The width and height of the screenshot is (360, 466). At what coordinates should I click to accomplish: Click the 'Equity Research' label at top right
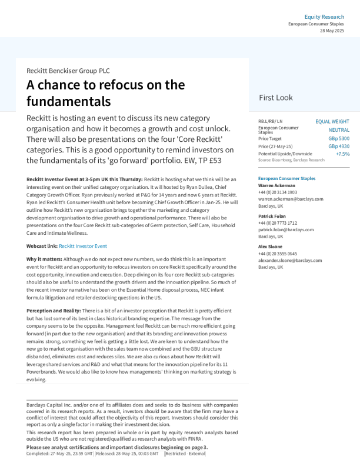click(324, 16)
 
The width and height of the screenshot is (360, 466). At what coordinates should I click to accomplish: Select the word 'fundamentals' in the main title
click(68, 101)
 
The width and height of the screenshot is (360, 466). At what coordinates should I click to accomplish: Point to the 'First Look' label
click(275, 98)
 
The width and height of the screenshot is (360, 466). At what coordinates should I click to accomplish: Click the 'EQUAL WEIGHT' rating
click(332, 121)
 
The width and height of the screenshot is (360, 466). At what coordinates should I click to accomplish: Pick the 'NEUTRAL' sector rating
click(338, 129)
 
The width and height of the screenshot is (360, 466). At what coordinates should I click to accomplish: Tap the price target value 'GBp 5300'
click(338, 138)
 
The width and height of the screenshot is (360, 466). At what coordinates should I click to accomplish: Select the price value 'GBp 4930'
click(338, 146)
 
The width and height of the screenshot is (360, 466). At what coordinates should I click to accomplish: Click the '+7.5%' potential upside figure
click(342, 154)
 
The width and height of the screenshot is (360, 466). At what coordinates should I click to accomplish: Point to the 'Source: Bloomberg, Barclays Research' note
click(291, 160)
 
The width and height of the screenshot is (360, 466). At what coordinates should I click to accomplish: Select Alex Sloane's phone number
click(278, 254)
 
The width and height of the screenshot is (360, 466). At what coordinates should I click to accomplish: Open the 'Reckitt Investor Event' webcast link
click(83, 246)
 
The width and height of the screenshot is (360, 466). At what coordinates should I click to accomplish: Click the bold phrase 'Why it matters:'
click(44, 259)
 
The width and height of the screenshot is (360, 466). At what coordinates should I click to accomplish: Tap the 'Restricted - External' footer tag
click(185, 454)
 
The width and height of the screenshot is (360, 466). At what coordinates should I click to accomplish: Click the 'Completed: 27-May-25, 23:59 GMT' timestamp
click(59, 454)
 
